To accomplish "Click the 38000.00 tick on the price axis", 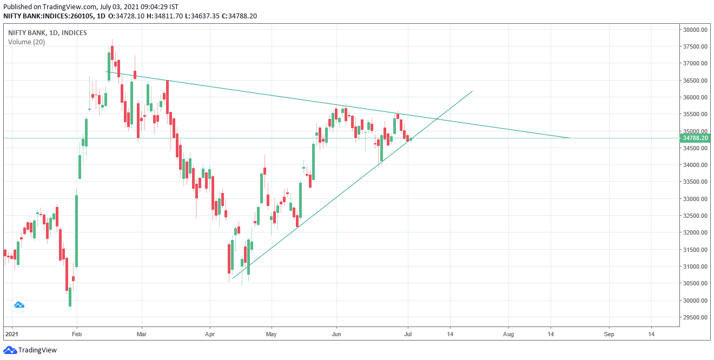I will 696,30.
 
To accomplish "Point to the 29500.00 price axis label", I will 696,317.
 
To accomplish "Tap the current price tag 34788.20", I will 696,138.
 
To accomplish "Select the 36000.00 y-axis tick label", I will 696,97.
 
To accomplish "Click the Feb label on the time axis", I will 76,334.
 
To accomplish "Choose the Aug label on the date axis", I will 508,334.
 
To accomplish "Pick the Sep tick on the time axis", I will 609,334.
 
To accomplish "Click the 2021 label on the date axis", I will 11,334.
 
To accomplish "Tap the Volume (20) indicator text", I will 27,42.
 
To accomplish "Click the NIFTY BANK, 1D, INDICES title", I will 47,32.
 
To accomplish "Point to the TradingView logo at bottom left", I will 30,350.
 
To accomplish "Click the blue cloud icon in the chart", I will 19,305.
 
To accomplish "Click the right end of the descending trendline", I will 569,138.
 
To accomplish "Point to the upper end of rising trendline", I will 473,91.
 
